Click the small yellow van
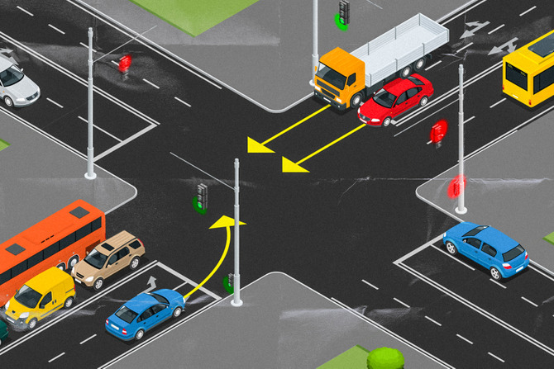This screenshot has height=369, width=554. click(40, 296)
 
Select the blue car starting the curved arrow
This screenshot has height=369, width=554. click(145, 312)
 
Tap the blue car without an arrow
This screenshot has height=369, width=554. click(485, 248)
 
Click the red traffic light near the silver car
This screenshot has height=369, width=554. click(125, 64)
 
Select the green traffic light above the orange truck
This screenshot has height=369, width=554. click(343, 13)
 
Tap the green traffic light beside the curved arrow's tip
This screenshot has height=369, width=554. click(201, 198)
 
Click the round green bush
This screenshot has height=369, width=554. click(385, 358)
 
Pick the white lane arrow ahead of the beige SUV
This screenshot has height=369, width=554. click(151, 282)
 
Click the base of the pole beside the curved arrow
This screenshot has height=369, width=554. click(236, 301)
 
